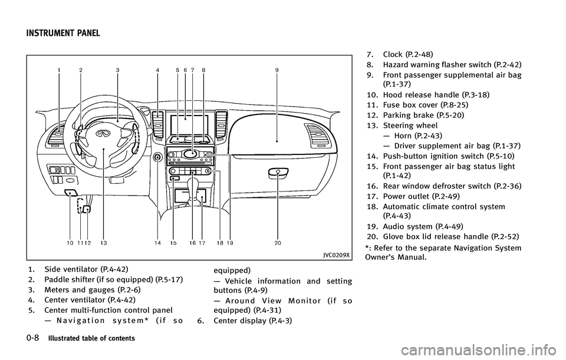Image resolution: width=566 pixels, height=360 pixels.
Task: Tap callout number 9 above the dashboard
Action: pyautogui.click(x=277, y=70)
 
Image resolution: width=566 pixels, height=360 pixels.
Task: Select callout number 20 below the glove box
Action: pyautogui.click(x=277, y=242)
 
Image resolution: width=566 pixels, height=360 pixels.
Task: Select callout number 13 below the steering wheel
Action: pyautogui.click(x=104, y=242)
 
